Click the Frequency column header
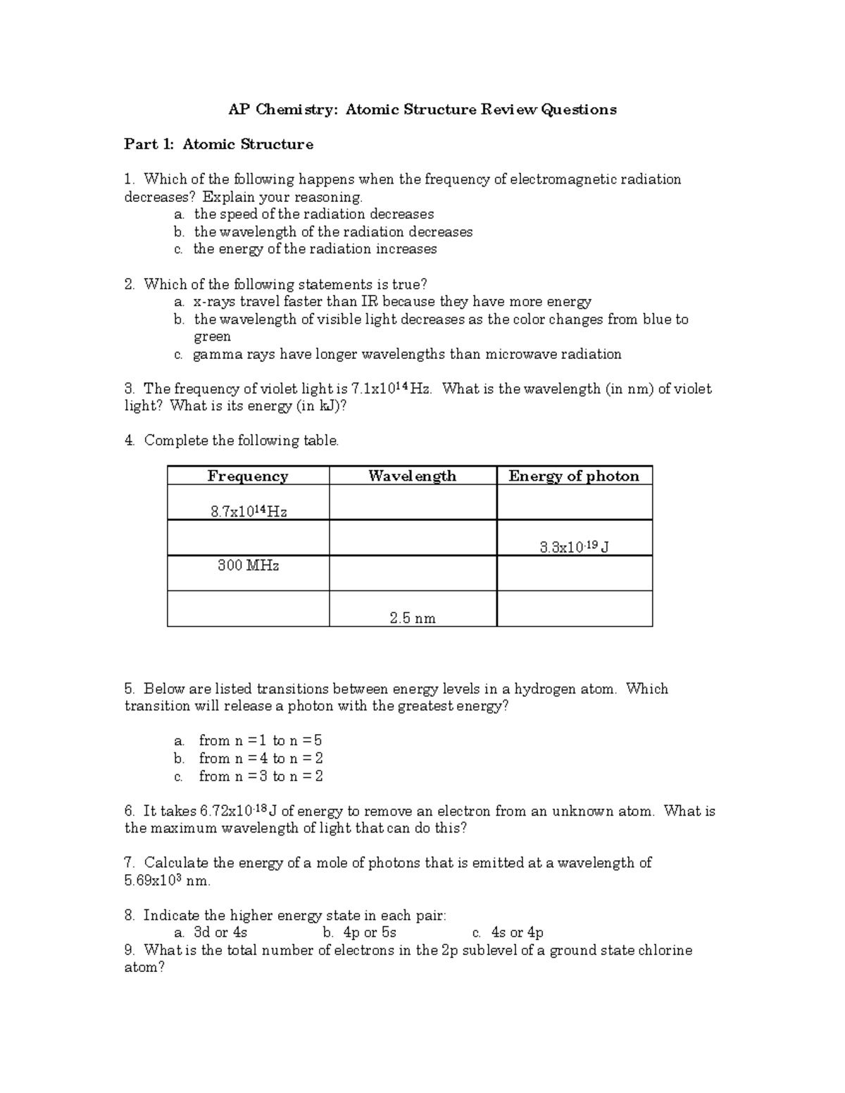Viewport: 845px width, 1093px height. [248, 476]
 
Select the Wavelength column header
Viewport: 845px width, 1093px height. [412, 476]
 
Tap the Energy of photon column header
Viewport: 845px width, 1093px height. [574, 476]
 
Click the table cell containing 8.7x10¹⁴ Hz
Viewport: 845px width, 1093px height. [249, 512]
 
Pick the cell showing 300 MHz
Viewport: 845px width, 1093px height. [248, 565]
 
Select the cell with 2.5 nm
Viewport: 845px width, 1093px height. [413, 618]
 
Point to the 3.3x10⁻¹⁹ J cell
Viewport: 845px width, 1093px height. [574, 547]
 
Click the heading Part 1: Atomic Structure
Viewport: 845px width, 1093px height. [218, 144]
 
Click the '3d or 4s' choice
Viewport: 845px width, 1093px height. [220, 933]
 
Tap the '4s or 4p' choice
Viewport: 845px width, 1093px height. [517, 933]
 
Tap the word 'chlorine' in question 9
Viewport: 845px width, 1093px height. [665, 950]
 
